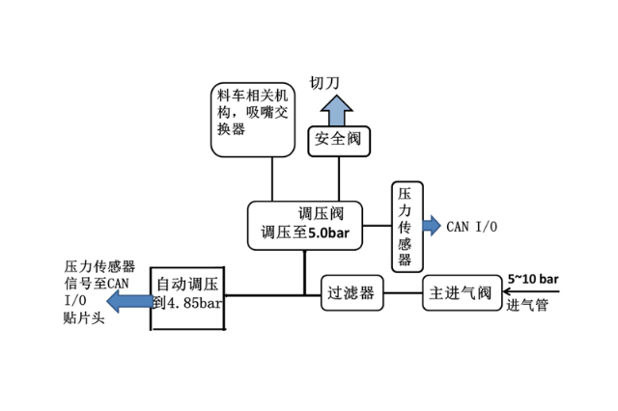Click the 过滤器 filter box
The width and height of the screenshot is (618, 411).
click(x=351, y=292)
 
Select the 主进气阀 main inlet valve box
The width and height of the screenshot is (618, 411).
click(x=458, y=292)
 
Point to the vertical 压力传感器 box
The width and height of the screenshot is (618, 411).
click(x=405, y=228)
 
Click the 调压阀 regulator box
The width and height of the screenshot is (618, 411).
click(x=304, y=224)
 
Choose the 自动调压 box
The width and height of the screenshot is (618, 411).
click(x=188, y=295)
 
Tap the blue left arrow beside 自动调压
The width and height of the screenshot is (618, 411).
click(x=128, y=302)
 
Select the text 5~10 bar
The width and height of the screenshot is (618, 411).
click(x=534, y=279)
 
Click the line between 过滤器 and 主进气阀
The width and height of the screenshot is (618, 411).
click(x=404, y=292)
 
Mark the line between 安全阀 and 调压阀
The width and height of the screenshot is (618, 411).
click(x=339, y=178)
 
